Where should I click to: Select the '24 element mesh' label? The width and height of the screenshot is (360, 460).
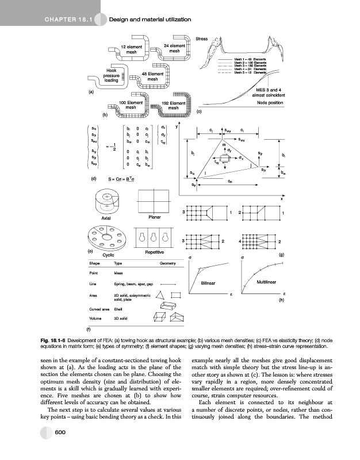pos(174,48)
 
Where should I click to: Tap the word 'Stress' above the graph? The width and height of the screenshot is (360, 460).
pos(202,40)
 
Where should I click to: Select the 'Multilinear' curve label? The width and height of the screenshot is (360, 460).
pos(266,282)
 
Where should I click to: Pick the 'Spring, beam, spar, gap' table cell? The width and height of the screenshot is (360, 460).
pos(133,285)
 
